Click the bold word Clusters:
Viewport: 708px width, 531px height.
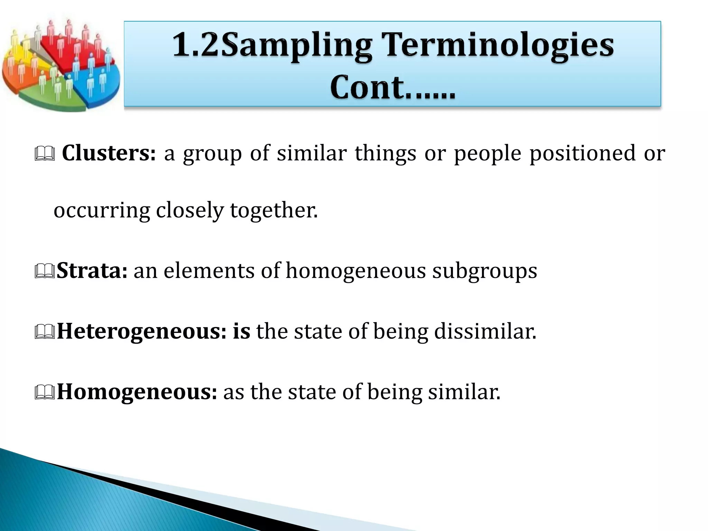(x=109, y=153)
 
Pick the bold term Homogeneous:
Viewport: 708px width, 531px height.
(x=137, y=392)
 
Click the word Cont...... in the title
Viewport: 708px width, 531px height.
(x=393, y=87)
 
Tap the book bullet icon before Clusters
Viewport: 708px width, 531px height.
(x=45, y=154)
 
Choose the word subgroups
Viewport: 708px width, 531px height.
(x=485, y=271)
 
